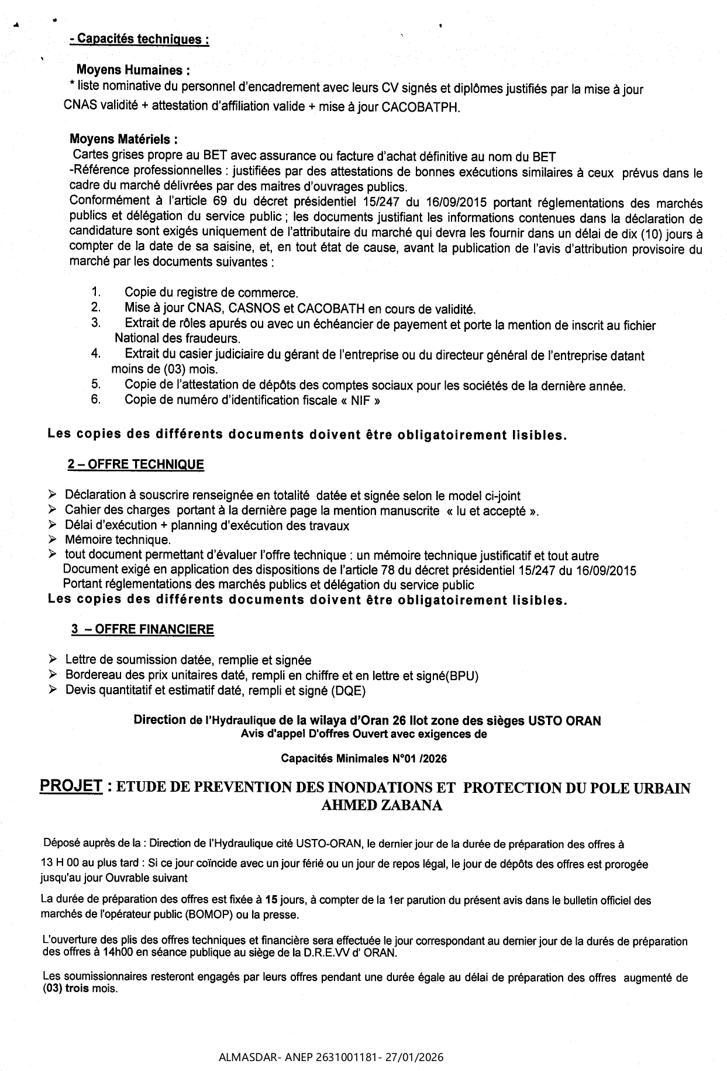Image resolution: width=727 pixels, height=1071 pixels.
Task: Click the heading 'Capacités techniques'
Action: pyautogui.click(x=139, y=39)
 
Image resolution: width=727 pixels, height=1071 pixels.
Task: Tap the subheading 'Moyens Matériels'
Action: pyautogui.click(x=123, y=140)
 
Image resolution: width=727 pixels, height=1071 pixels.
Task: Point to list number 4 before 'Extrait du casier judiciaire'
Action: pyautogui.click(x=95, y=353)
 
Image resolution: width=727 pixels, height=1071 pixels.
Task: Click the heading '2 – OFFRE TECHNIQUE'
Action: pyautogui.click(x=136, y=465)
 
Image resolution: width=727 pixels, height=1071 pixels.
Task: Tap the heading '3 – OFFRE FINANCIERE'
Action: pyautogui.click(x=142, y=629)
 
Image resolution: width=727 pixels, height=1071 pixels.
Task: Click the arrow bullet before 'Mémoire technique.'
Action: pyautogui.click(x=53, y=539)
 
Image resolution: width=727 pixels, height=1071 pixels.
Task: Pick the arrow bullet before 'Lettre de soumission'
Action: pyautogui.click(x=53, y=660)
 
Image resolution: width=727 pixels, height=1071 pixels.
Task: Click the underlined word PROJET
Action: pyautogui.click(x=71, y=786)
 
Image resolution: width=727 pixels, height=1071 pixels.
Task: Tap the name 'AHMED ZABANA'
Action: pyautogui.click(x=381, y=806)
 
